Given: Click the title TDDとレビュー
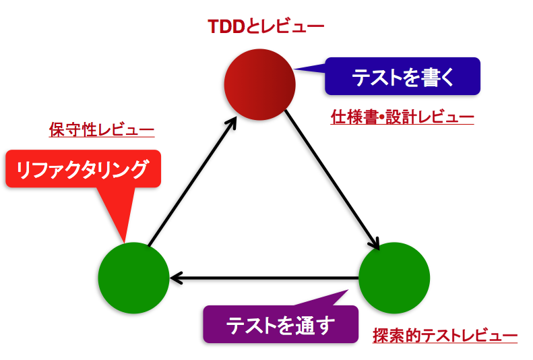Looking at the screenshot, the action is [265, 26].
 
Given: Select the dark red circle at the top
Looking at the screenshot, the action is [259, 84].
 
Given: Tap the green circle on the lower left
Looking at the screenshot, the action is [133, 278].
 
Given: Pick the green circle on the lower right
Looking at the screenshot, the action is [394, 278].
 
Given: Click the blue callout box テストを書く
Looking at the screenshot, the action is [402, 76].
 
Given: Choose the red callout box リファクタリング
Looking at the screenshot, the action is [83, 169].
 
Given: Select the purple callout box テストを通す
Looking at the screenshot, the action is [281, 324].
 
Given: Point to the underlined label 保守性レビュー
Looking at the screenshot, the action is [102, 129].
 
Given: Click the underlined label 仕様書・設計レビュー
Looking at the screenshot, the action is [402, 117].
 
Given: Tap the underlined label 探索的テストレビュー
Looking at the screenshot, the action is [445, 336].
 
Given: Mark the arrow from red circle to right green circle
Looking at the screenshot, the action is [332, 180].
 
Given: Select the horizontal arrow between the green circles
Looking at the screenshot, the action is [264, 278].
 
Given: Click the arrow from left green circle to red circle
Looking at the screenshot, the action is [192, 181].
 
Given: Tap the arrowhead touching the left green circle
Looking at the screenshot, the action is [176, 278].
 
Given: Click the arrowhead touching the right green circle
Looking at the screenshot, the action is [375, 245].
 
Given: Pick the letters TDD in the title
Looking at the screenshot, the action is [226, 26].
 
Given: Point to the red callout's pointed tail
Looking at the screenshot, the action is [125, 242].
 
